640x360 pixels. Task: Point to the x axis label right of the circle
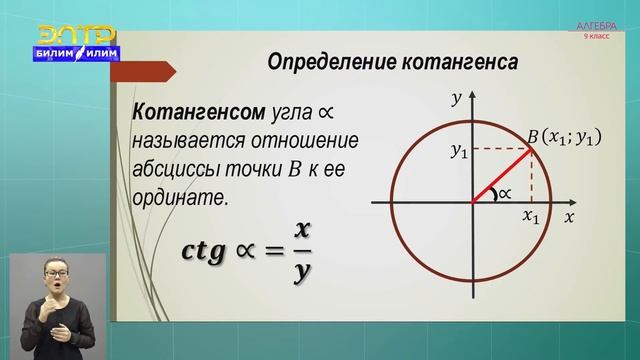pos(568,216)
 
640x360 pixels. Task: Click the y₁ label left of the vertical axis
pos(458,151)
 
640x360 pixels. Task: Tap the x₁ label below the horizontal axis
pos(531,216)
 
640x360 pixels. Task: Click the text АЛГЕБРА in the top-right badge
pos(598,25)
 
